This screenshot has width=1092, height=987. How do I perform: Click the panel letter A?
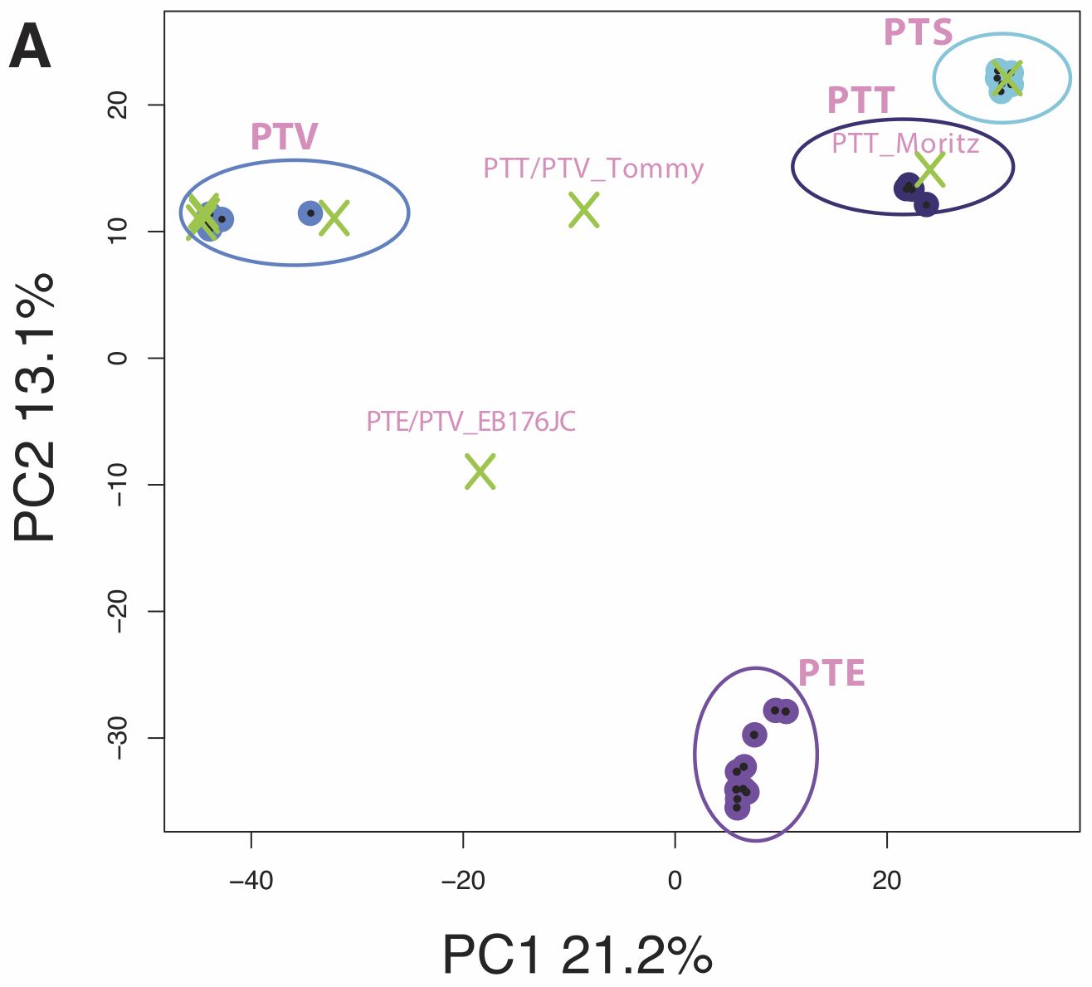[30, 46]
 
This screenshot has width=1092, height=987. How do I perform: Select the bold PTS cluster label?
[918, 32]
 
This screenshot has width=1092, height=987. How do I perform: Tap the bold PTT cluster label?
[860, 100]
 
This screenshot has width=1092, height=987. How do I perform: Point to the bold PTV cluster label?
[284, 136]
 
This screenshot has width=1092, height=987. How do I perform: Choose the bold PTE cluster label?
[831, 672]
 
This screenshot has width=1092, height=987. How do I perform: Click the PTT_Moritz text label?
[905, 144]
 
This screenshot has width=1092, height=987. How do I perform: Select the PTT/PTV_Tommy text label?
[593, 169]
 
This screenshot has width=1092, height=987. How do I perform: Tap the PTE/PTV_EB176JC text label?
[470, 421]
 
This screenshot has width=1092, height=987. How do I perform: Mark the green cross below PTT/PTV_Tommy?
[584, 210]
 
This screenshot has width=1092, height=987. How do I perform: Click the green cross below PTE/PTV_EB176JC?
[480, 472]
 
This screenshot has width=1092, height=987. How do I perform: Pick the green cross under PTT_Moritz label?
[930, 169]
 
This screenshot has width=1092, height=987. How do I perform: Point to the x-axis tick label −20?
[463, 881]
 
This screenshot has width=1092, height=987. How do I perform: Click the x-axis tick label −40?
[251, 881]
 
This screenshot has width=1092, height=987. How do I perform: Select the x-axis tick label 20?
[887, 881]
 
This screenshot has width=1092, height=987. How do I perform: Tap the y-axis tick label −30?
[119, 737]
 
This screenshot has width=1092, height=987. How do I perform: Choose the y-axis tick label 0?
[119, 358]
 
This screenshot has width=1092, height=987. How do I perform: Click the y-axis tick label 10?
[119, 232]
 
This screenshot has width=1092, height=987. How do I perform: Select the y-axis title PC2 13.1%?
[34, 406]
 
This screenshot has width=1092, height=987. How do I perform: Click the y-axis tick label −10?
[119, 484]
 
